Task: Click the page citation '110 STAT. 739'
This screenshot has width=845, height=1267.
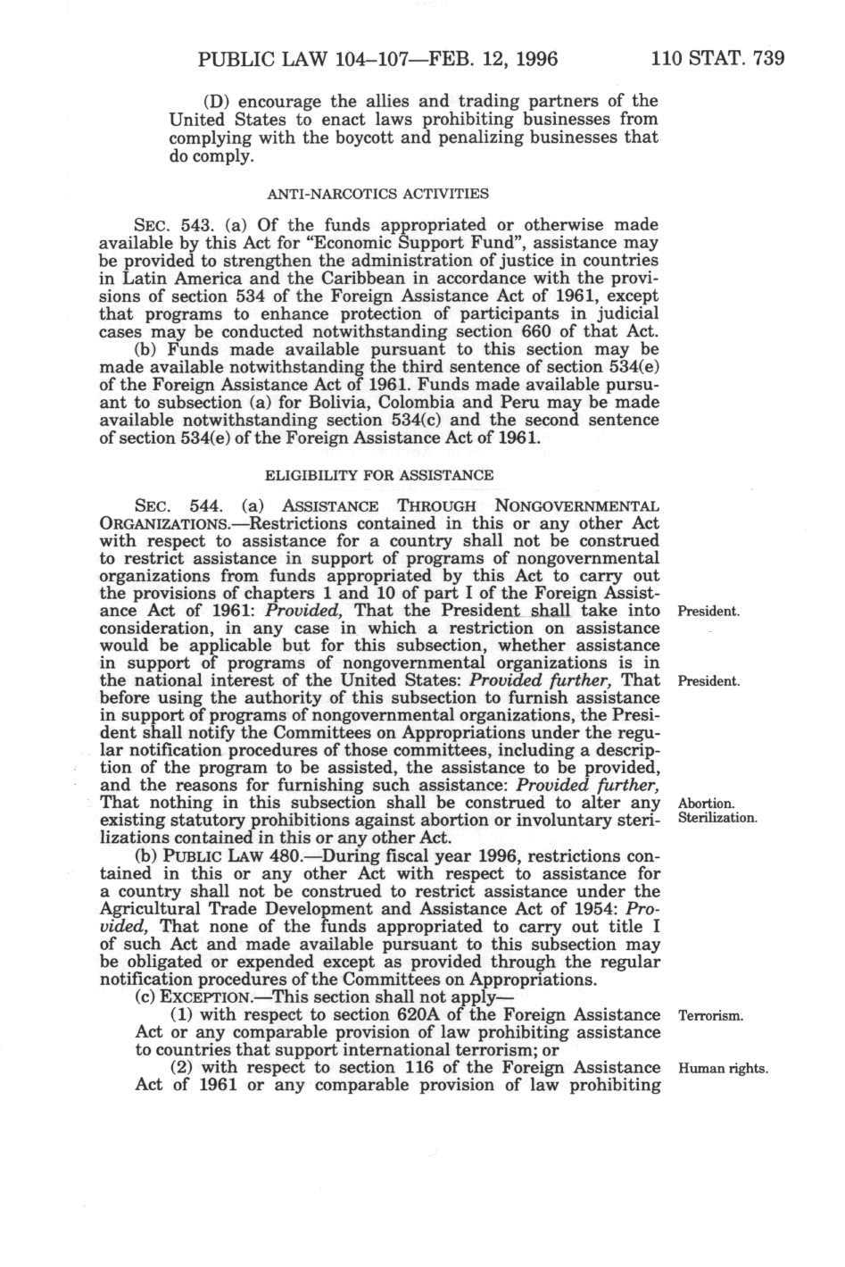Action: point(718,60)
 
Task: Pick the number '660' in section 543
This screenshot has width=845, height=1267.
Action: point(525,331)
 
